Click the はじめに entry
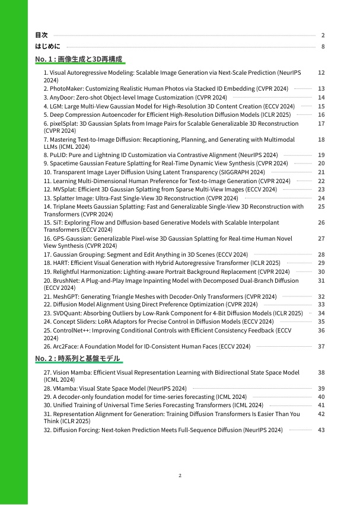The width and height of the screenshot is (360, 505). coord(48,46)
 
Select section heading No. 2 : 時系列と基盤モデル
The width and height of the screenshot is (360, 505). coord(77,359)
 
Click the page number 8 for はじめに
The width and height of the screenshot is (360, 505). coord(323,46)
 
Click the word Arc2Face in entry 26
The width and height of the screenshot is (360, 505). coord(66,346)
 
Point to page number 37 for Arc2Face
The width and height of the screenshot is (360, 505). coord(321,346)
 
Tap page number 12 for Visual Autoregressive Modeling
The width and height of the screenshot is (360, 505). coord(321,72)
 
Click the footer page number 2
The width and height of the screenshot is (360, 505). coord(180,475)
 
